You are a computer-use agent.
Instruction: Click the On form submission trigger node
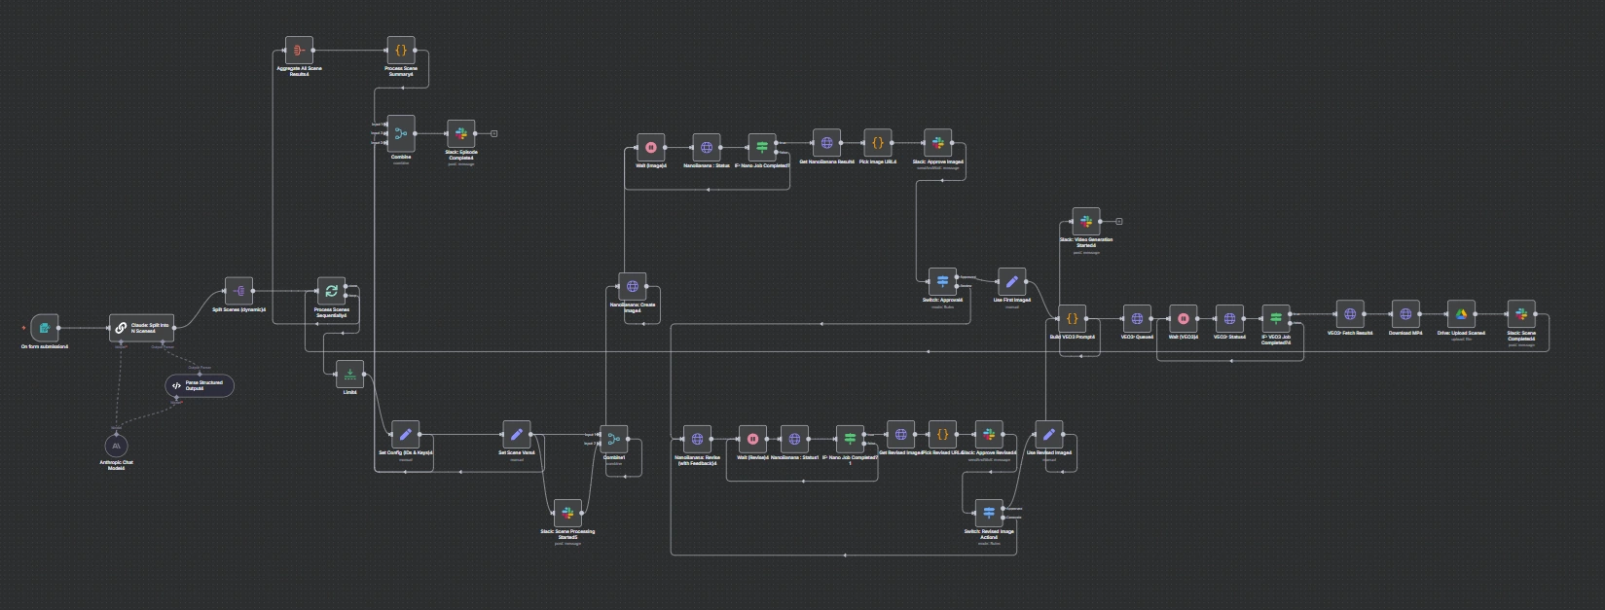coord(45,328)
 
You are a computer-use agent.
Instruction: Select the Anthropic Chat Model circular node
coord(116,445)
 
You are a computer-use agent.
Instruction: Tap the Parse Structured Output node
coord(199,385)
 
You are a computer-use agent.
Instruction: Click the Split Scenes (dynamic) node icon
coord(238,291)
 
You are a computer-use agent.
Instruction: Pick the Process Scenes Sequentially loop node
coord(331,291)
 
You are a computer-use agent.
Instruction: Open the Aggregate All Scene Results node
coord(299,50)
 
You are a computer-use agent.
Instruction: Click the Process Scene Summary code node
coord(400,50)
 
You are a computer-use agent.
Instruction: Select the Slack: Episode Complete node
coord(460,133)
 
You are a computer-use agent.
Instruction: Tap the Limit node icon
coord(349,374)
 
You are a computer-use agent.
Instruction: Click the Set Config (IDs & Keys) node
coord(405,435)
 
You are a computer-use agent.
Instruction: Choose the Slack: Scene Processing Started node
coord(567,513)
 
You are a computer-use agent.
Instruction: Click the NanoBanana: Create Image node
coord(633,286)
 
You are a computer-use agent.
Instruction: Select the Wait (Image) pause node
coord(651,148)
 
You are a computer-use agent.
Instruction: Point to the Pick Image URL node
coord(877,143)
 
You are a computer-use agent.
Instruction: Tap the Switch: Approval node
coord(942,282)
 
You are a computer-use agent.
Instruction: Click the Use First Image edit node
coord(1011,282)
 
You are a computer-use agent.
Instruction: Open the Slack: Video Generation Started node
coord(1086,222)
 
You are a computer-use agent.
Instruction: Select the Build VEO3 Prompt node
coord(1072,318)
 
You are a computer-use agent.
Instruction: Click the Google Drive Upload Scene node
coord(1461,314)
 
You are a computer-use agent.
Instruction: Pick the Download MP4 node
coord(1404,314)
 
